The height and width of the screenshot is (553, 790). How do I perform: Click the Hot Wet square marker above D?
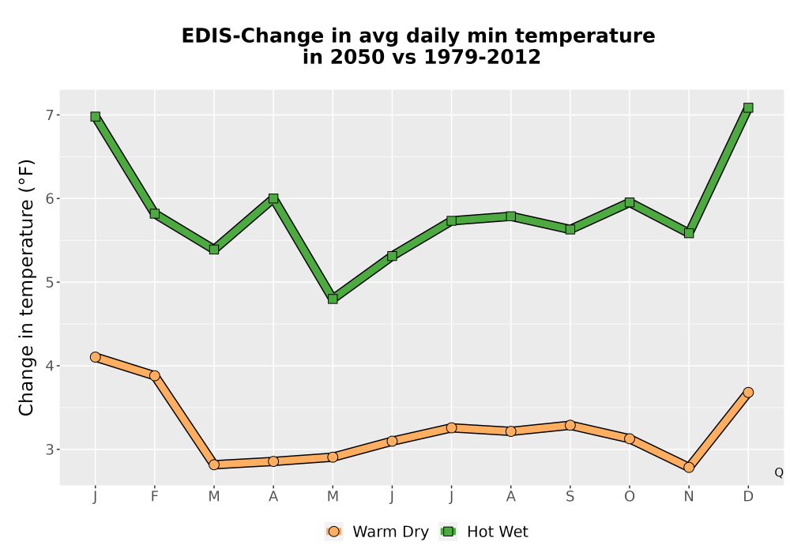(748, 107)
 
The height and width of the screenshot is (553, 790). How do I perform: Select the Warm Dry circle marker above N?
(689, 468)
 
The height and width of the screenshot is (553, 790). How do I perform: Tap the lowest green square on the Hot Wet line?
(333, 299)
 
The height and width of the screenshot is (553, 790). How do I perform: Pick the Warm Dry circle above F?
(155, 376)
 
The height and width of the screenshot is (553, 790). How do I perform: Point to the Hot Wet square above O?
(630, 202)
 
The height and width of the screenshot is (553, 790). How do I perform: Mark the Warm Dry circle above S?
(570, 425)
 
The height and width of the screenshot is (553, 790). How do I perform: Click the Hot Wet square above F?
(155, 213)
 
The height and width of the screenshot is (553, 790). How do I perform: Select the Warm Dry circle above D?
(748, 393)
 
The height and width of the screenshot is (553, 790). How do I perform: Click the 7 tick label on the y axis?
(49, 115)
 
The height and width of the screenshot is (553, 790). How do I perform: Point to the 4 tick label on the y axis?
(49, 366)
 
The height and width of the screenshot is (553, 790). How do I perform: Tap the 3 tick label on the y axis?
(49, 450)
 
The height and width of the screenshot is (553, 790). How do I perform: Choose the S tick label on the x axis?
(570, 497)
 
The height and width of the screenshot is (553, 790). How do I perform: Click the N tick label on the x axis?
(689, 497)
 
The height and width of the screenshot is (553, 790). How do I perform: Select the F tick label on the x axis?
(155, 497)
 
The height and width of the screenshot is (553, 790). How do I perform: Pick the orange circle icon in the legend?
(333, 532)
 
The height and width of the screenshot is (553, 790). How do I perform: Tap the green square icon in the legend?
(448, 532)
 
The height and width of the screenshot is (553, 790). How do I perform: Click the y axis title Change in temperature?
(26, 288)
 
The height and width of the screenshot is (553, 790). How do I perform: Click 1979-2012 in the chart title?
(482, 57)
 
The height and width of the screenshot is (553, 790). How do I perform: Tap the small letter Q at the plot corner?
(779, 472)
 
